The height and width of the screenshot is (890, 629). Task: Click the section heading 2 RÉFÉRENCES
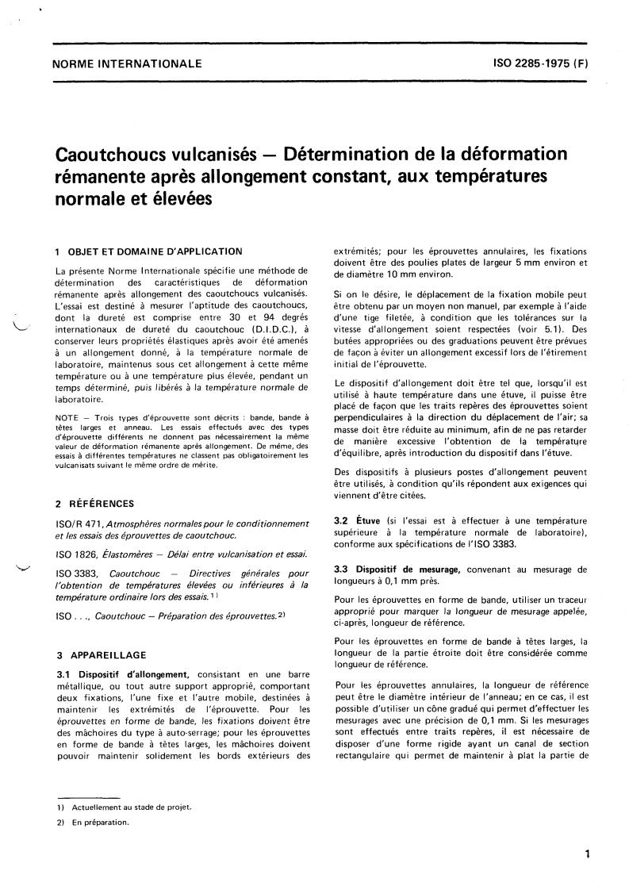(x=90, y=503)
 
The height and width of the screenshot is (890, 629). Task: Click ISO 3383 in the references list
(x=75, y=572)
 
